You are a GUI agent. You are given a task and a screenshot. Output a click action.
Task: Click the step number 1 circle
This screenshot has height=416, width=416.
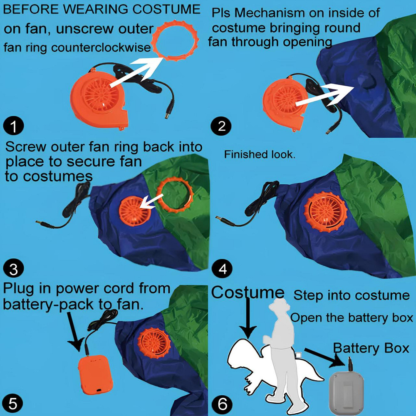(x=14, y=126)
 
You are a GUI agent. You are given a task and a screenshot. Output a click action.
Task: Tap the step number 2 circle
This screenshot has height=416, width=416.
(x=221, y=126)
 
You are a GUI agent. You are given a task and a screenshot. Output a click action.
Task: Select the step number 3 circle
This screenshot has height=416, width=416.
(x=14, y=268)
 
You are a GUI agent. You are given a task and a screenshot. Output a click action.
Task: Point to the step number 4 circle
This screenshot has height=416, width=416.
(x=222, y=268)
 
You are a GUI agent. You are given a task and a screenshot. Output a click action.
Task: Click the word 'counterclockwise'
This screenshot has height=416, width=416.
(x=101, y=48)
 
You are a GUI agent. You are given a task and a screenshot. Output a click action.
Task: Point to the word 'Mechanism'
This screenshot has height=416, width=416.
(x=270, y=13)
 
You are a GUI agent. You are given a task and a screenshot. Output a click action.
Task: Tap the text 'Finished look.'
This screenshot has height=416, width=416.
(x=260, y=154)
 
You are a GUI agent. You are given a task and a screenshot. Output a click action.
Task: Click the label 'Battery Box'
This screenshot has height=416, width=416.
(x=371, y=348)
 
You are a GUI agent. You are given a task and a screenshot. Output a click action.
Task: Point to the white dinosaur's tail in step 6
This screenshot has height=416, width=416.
(x=313, y=371)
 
